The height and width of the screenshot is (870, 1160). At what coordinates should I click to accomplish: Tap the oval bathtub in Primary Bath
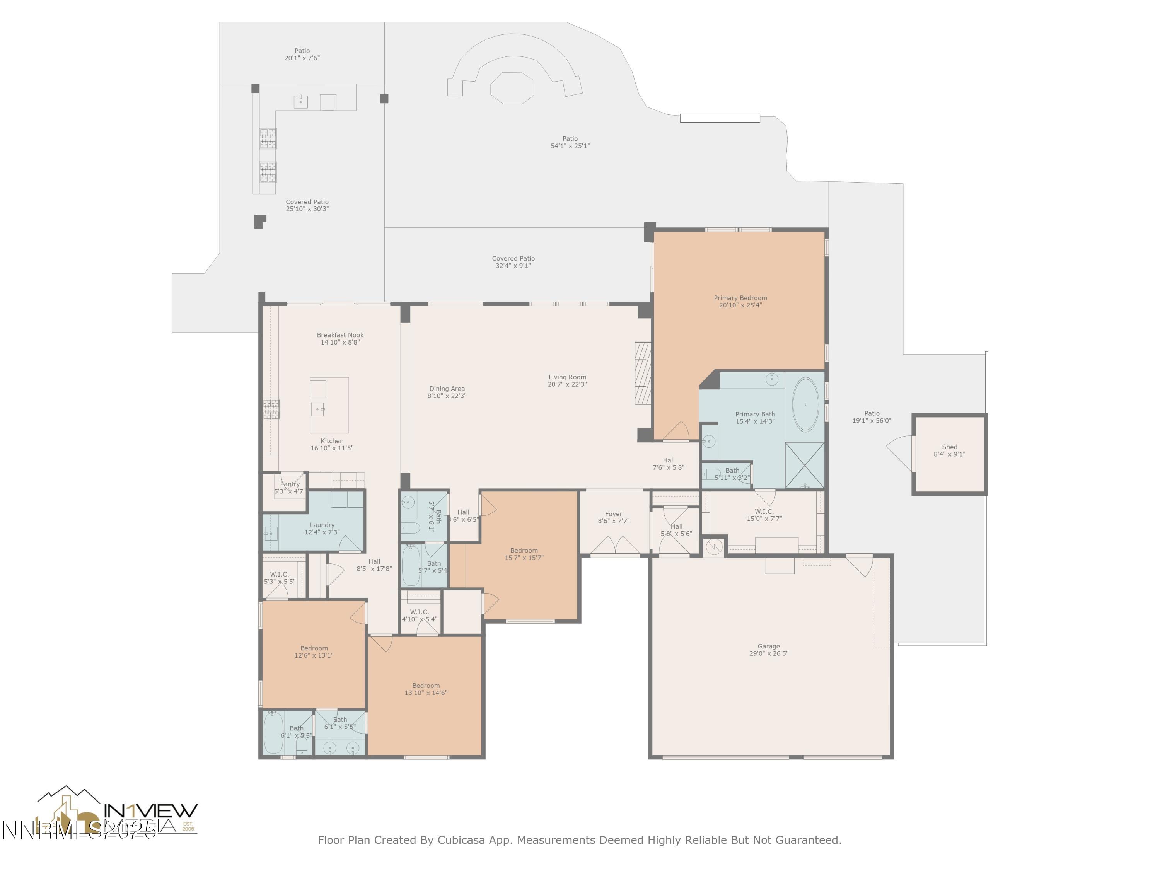[805, 404]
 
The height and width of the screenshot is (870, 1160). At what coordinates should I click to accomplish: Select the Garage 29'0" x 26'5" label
[768, 650]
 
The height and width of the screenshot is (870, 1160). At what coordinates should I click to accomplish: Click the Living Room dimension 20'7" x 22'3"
[567, 384]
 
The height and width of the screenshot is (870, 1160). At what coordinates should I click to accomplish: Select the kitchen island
[329, 405]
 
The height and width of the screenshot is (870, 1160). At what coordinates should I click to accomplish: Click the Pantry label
[290, 484]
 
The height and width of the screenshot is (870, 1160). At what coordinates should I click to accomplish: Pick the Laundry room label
[322, 525]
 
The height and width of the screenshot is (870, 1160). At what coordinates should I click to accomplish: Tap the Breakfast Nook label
[340, 335]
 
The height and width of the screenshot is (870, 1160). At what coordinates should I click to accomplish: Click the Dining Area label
[447, 389]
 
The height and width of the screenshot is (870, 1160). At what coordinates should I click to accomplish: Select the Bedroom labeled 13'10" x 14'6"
[426, 689]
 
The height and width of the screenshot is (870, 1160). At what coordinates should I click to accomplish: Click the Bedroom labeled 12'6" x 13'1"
[314, 652]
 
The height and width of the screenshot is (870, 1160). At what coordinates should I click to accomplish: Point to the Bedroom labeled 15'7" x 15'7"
[524, 554]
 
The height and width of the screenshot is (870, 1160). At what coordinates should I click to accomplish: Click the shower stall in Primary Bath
[804, 465]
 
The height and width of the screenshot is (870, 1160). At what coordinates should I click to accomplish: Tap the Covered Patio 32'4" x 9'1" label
[513, 262]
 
